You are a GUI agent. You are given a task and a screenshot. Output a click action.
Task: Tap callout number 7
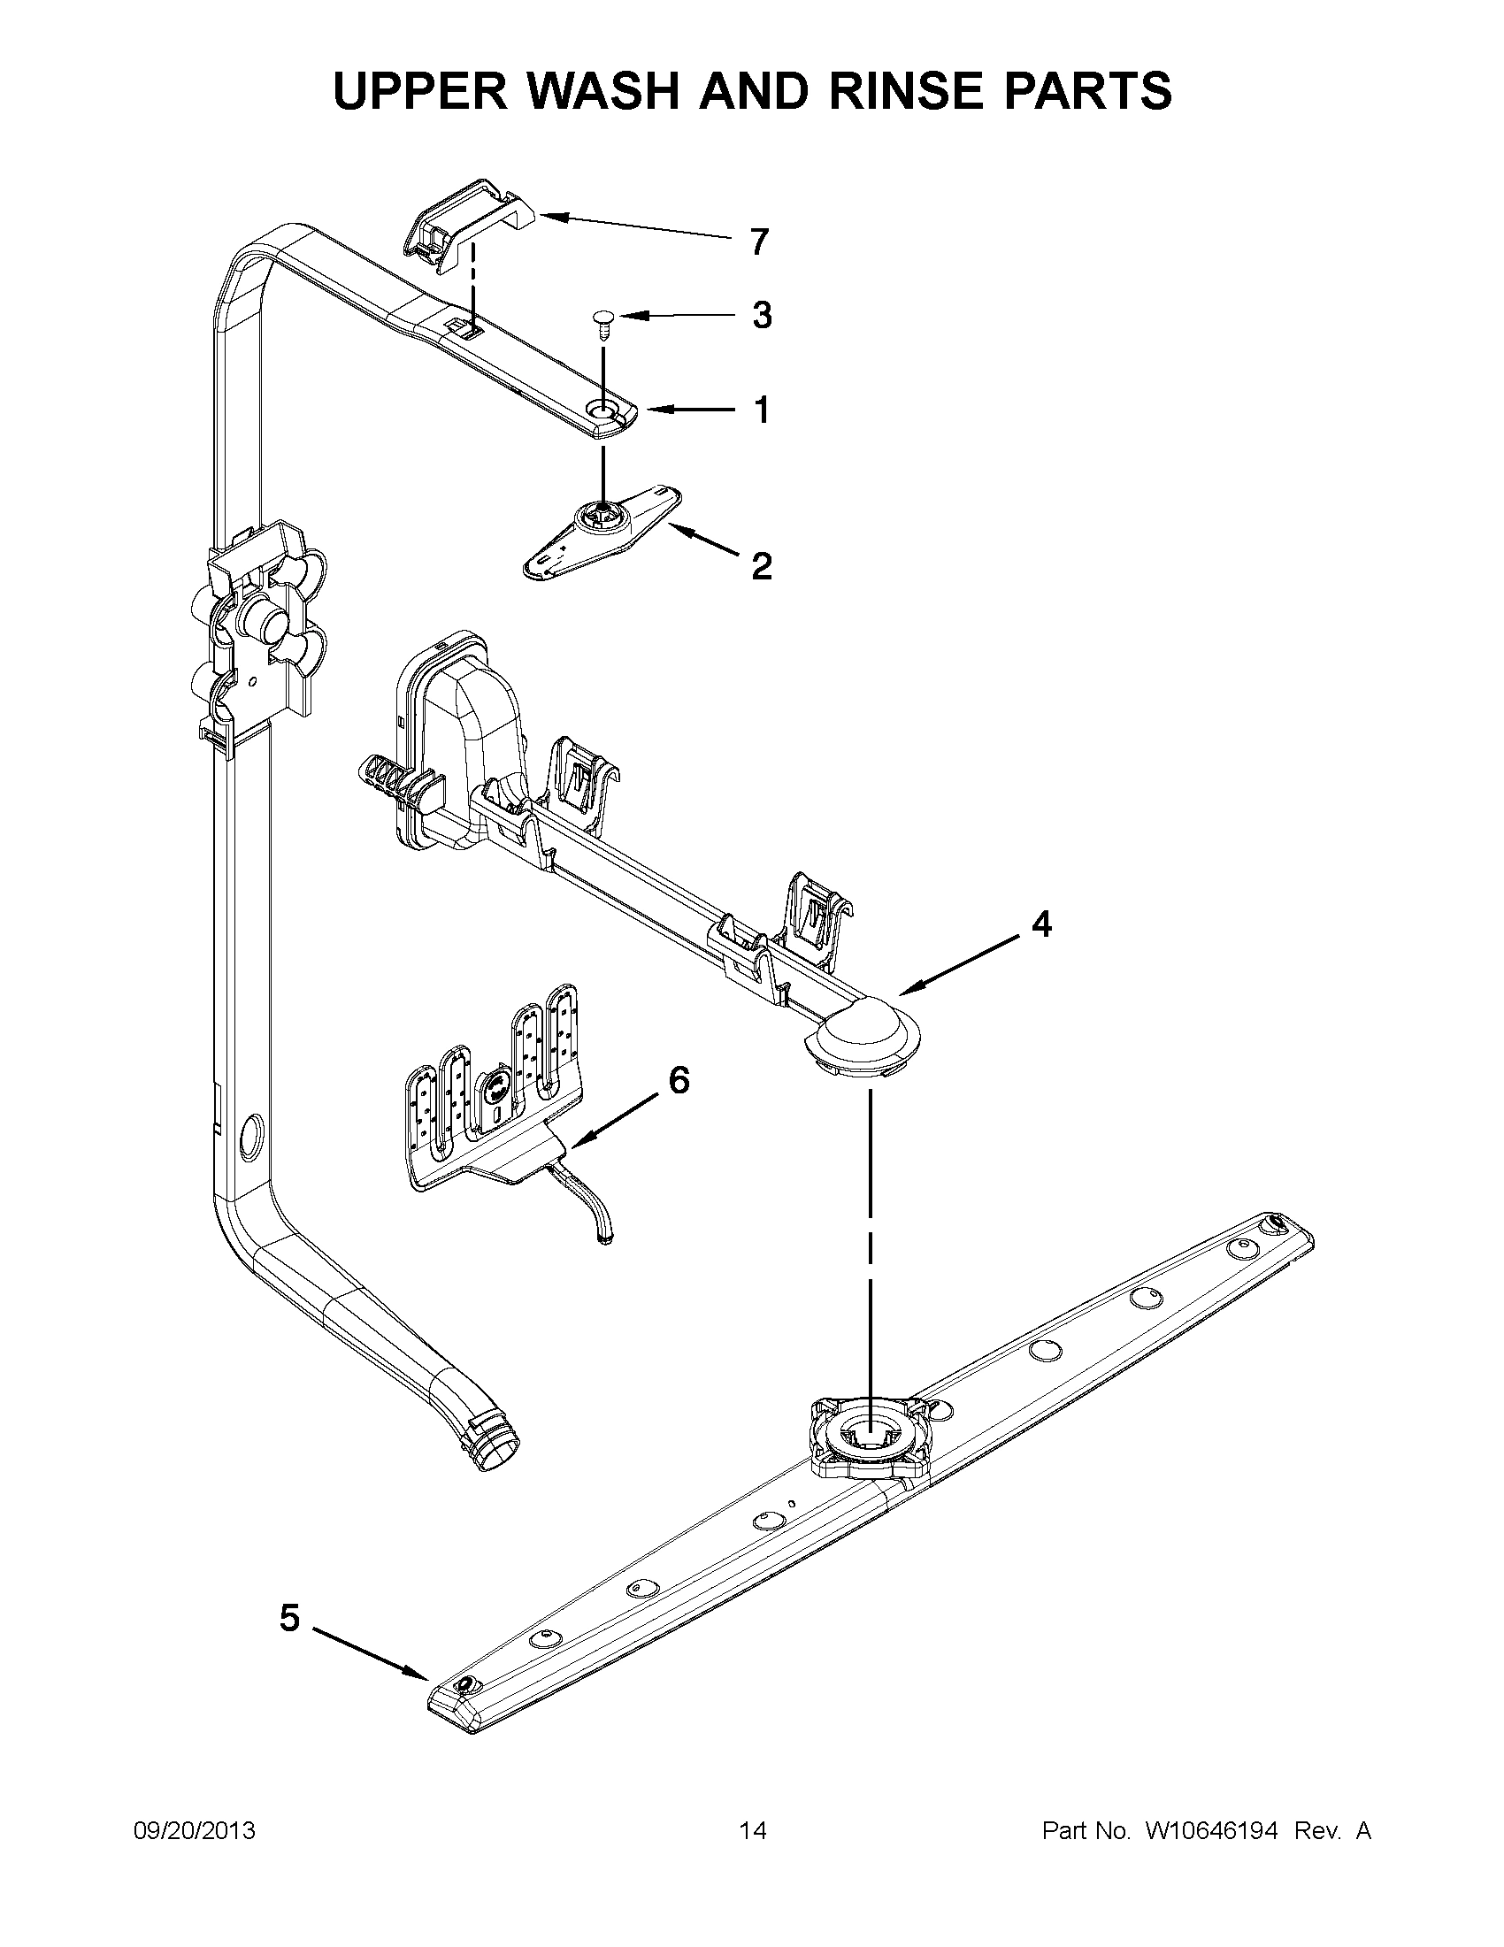pyautogui.click(x=759, y=242)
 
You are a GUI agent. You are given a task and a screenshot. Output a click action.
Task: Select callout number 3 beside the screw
pyautogui.click(x=762, y=316)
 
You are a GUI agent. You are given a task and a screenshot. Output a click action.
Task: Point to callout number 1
pyautogui.click(x=762, y=410)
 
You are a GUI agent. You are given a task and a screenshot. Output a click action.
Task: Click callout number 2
pyautogui.click(x=762, y=566)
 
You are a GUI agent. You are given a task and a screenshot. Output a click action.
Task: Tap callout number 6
pyautogui.click(x=679, y=1080)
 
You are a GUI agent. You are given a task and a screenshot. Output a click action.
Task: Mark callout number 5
pyautogui.click(x=290, y=1617)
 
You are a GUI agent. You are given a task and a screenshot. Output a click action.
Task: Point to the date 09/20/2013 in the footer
pyautogui.click(x=195, y=1831)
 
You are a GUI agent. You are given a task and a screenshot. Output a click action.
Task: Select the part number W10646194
pyautogui.click(x=1210, y=1831)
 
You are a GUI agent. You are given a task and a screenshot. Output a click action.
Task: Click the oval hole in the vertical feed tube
pyautogui.click(x=252, y=1136)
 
